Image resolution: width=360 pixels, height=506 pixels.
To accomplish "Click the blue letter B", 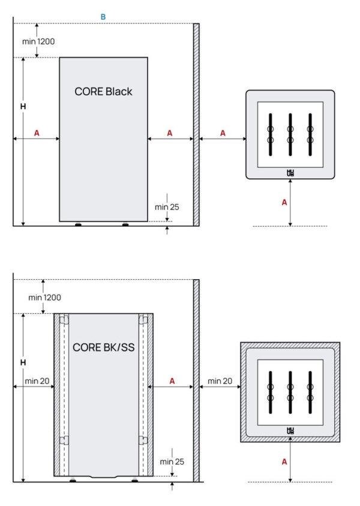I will point(103,17).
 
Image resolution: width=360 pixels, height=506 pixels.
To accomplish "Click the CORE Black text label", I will point(103,92).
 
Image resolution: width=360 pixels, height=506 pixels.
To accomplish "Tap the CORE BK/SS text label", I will point(103,347).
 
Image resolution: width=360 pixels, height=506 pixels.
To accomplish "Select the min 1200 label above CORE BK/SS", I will point(44,297).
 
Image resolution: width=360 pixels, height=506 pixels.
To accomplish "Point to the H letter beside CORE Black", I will point(23,106).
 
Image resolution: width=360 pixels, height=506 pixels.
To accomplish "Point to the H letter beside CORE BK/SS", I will point(23,363).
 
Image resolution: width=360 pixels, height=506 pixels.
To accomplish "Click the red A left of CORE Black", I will point(37,133).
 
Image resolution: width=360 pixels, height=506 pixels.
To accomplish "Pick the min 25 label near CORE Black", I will point(167,207).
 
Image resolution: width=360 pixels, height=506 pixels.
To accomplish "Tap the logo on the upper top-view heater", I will point(290,173).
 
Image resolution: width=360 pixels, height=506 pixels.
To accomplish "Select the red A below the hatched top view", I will point(284,462).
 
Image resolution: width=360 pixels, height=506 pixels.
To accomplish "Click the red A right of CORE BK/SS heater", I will point(172,381).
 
